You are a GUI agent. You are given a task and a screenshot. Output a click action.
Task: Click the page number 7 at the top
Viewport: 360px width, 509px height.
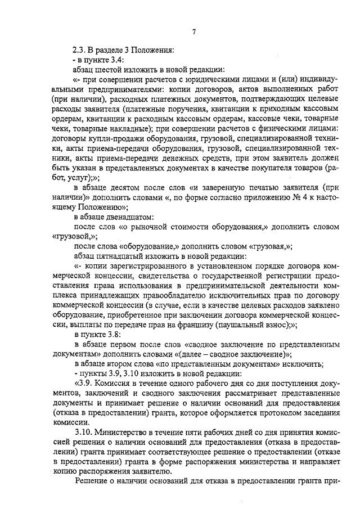[x=193, y=31]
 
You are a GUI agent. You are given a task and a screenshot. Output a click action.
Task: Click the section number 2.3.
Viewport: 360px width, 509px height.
[x=80, y=50]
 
